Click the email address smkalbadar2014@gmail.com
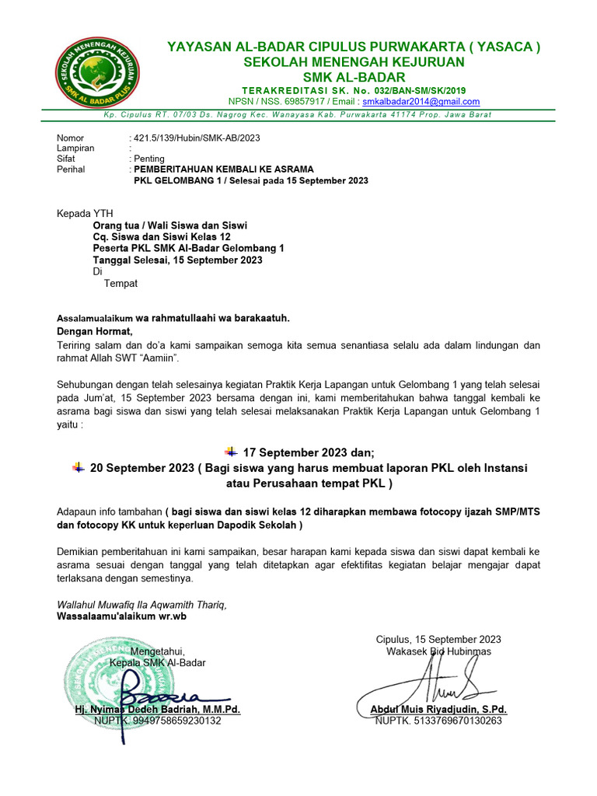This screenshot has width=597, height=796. tap(421, 102)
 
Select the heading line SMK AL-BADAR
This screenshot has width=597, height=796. tap(354, 77)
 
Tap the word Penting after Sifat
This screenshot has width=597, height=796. tap(149, 159)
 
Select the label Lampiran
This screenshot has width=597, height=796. tap(76, 148)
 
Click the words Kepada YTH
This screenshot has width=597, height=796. tap(85, 214)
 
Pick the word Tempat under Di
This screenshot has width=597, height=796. tap(120, 284)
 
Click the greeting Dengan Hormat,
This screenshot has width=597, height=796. tap(96, 331)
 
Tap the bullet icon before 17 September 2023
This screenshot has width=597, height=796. tap(231, 452)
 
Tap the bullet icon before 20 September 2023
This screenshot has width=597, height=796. tap(78, 467)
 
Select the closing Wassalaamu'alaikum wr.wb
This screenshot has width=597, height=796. tap(122, 616)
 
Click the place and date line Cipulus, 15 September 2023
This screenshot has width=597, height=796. tap(438, 639)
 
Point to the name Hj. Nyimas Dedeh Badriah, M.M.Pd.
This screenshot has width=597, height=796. tap(157, 710)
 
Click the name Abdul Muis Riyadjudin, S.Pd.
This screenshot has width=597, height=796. tap(438, 710)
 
